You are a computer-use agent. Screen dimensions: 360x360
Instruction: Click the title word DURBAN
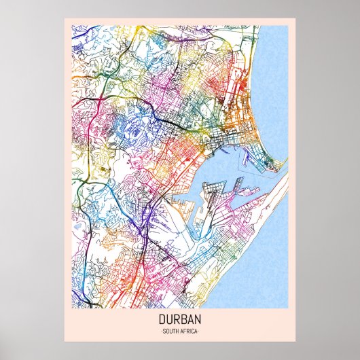(179, 318)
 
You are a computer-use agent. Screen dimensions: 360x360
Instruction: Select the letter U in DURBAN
(170, 318)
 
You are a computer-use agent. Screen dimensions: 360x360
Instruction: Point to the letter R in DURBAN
(177, 318)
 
